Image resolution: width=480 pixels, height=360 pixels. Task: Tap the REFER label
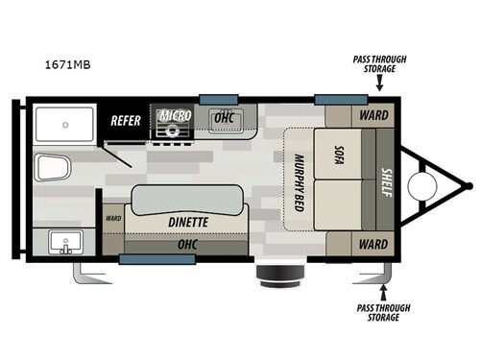127,120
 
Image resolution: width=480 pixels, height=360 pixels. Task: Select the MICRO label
175,115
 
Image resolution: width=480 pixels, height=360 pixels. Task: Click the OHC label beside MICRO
225,116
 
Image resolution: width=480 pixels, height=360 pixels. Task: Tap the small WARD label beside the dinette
113,217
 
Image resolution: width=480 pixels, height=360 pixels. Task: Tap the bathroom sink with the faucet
65,241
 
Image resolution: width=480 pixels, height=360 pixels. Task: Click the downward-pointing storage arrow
379,84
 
